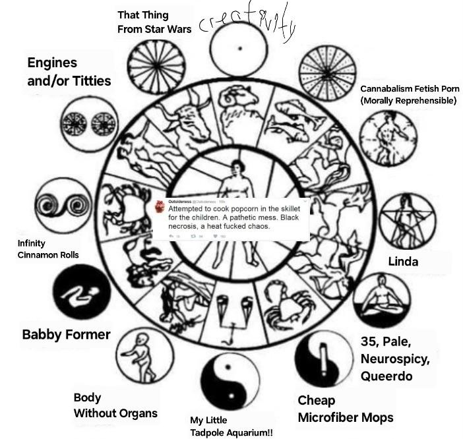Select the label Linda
403,262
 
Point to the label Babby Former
66,334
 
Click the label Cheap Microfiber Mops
345,409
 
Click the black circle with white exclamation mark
323,360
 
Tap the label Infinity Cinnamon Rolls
47,249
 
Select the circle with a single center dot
240,48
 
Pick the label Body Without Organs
115,405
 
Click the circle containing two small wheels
88,121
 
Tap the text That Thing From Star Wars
154,22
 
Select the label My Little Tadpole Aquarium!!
231,426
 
